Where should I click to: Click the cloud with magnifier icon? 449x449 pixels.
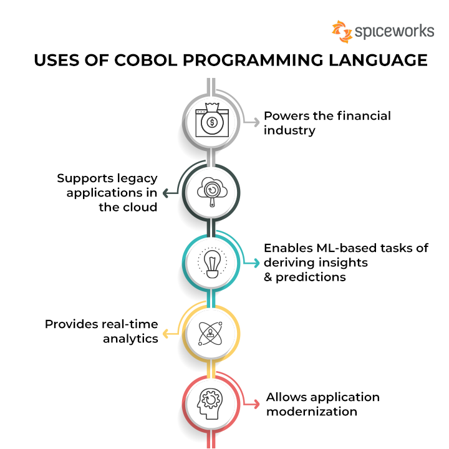point(212,191)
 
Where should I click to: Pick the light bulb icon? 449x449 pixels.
point(212,262)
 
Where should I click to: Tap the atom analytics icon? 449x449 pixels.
point(212,332)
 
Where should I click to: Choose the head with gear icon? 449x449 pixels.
point(212,402)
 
